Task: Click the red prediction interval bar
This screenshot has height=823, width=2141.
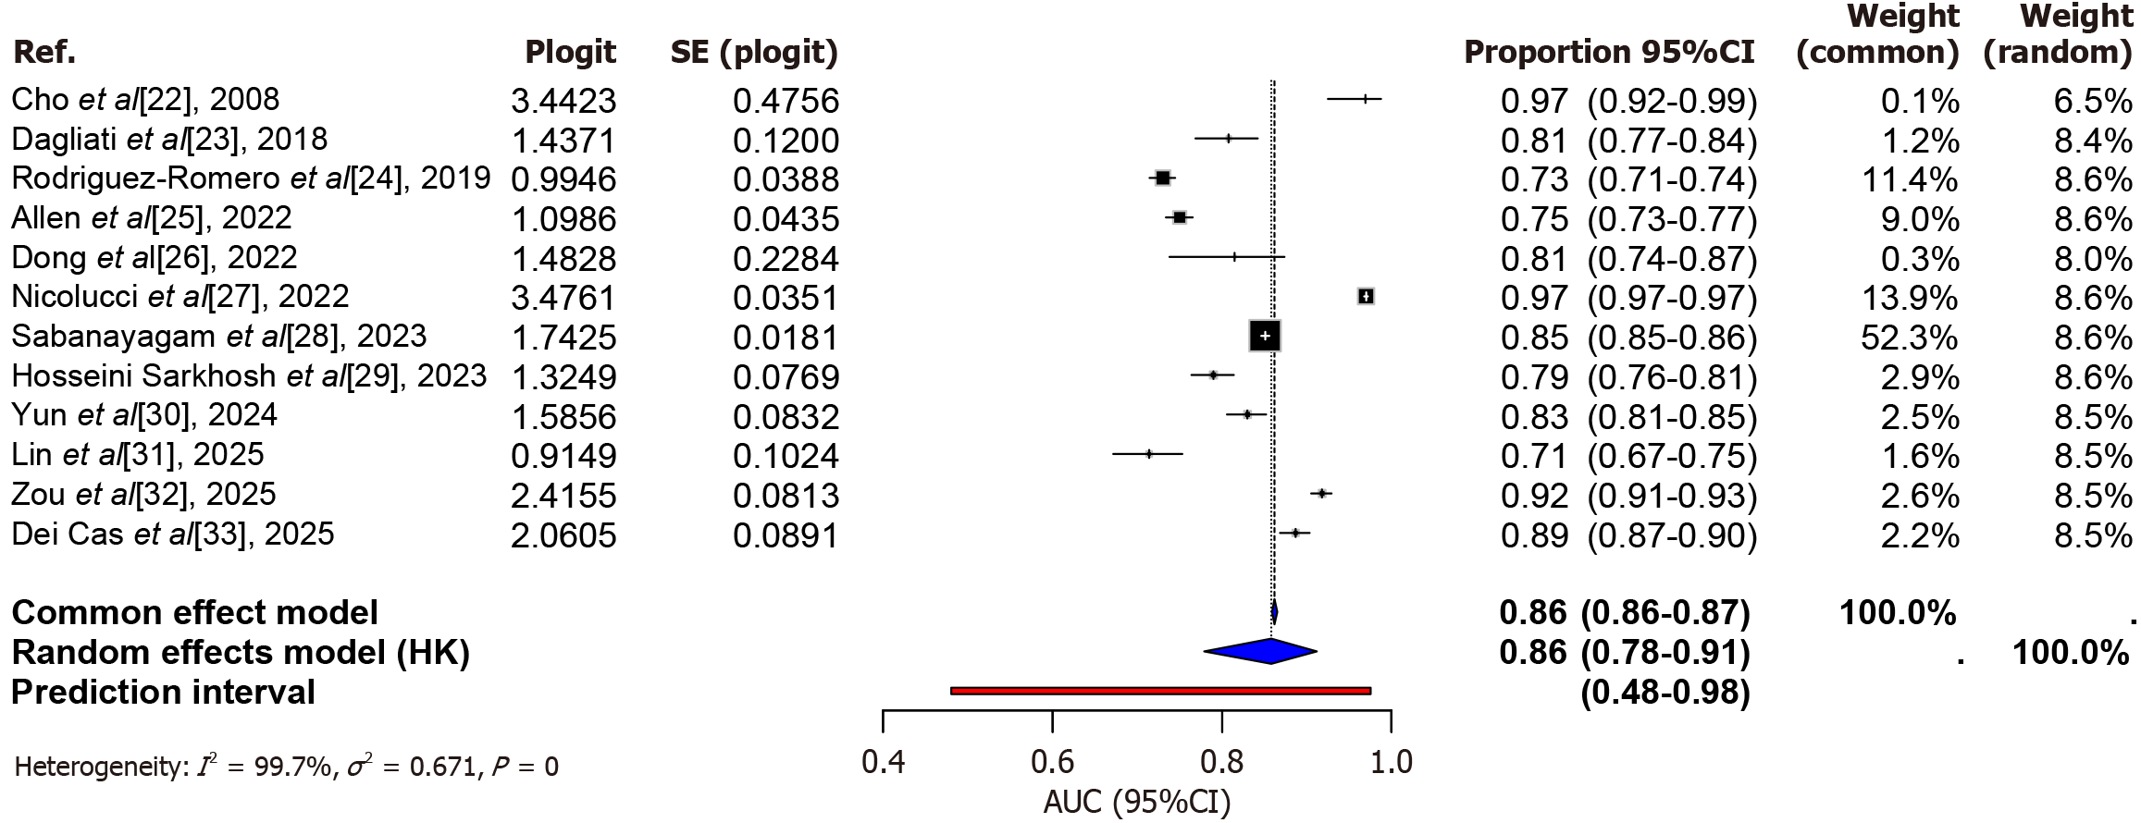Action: coord(1160,691)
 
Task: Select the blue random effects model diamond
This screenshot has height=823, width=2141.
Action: coord(1260,651)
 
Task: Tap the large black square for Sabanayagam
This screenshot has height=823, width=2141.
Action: coord(1265,336)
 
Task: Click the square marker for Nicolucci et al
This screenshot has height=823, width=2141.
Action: coord(1366,296)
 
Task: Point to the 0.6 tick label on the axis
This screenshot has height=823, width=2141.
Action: coord(1052,762)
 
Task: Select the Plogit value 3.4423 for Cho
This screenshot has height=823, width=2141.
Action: coord(563,101)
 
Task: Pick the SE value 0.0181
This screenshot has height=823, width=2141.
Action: coord(786,338)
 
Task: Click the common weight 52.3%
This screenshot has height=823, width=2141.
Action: coord(1909,338)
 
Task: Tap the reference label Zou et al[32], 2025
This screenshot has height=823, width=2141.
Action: coord(143,494)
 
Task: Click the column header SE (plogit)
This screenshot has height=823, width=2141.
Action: coord(754,53)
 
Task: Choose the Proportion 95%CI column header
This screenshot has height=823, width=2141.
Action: coord(1609,53)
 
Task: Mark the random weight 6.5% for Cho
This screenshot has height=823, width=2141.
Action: coord(2093,101)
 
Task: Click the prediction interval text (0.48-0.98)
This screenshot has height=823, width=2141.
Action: coord(1665,693)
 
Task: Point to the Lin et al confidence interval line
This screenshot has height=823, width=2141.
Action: coord(1147,454)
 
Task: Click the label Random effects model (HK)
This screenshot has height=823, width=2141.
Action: coord(241,653)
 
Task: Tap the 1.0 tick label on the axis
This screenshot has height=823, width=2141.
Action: coord(1391,762)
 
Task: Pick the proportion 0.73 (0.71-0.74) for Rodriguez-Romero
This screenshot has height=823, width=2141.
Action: coord(1628,179)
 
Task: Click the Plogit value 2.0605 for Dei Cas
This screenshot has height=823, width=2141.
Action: coord(563,535)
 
